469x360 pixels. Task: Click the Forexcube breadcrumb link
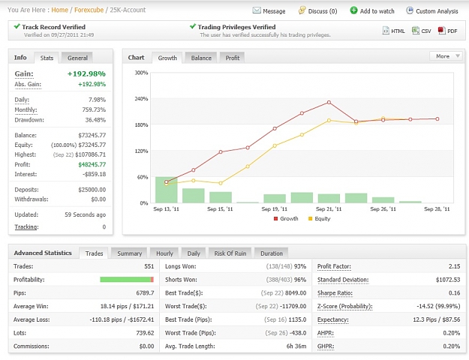tap(89, 10)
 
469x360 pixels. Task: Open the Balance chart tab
tap(201, 58)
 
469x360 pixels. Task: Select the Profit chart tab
tap(233, 58)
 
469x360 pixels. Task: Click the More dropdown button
tap(446, 56)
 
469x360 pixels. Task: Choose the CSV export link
tap(422, 31)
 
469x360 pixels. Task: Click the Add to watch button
tap(372, 11)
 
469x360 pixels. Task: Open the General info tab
tap(77, 58)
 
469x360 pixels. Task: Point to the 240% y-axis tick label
tap(141, 99)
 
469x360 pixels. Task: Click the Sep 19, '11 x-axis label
tap(275, 209)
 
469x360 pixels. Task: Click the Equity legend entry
tap(319, 218)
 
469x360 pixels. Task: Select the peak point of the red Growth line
tap(329, 102)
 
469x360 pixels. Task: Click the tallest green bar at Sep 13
tap(167, 190)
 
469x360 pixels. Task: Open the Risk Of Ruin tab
tap(230, 253)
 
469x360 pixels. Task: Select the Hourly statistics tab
tap(164, 253)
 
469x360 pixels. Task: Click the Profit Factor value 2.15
tap(454, 266)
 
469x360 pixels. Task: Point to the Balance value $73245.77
tap(92, 135)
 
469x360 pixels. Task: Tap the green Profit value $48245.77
tap(92, 164)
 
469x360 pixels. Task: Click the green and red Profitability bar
tap(127, 280)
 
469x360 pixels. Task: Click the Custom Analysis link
tap(432, 11)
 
